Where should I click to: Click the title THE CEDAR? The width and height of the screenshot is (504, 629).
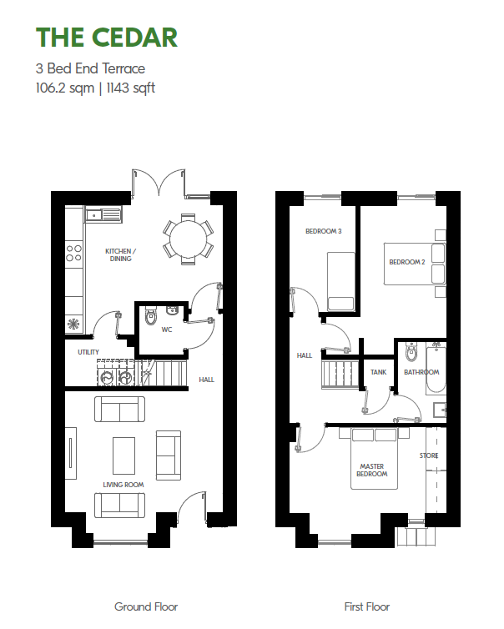(x=107, y=38)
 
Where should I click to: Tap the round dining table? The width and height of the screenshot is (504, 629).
(x=188, y=239)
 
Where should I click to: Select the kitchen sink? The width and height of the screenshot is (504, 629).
(x=103, y=215)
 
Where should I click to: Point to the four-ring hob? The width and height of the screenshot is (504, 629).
(x=73, y=253)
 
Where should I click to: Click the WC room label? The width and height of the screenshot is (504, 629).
(x=167, y=330)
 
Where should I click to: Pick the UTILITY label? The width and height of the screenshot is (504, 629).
(x=88, y=352)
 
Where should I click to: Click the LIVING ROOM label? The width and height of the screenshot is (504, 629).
(x=123, y=485)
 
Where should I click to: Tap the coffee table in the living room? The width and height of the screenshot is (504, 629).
(x=123, y=455)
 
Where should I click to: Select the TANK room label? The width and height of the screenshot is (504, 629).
(x=378, y=372)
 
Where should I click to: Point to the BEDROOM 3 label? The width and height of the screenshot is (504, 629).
(x=324, y=231)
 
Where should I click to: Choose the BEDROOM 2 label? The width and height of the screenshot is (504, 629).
(x=407, y=262)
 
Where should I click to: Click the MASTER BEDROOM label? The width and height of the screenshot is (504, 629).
(x=372, y=470)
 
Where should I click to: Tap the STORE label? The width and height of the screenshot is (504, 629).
(x=429, y=455)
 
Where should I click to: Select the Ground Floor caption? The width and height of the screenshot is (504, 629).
(x=146, y=606)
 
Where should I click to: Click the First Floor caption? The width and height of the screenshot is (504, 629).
(x=367, y=606)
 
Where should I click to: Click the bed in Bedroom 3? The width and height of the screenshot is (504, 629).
(x=340, y=282)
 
